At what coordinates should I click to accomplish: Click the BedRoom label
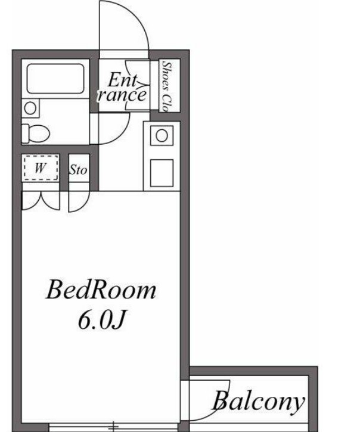[101, 290]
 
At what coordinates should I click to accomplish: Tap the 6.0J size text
[101, 321]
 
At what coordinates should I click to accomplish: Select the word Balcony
[259, 402]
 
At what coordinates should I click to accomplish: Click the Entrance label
[122, 88]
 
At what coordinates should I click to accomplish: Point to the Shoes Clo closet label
[166, 86]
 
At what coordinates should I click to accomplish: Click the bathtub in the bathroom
[55, 79]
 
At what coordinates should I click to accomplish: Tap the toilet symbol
[36, 133]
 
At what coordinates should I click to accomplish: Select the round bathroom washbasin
[30, 108]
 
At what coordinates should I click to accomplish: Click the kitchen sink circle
[162, 135]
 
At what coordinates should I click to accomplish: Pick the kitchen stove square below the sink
[162, 173]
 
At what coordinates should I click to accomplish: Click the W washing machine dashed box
[41, 167]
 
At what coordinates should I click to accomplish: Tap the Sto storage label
[79, 170]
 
